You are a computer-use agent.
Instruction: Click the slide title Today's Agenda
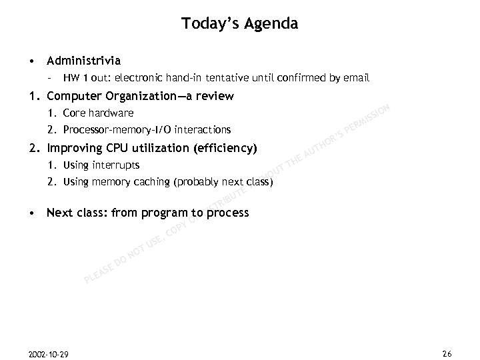[239, 24]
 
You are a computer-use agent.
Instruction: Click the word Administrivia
[83, 60]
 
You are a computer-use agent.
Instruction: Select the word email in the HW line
[356, 78]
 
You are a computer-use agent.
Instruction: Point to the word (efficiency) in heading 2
[225, 147]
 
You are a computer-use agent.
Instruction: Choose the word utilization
[158, 147]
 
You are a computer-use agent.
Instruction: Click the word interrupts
[116, 165]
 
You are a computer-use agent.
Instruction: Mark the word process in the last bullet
[227, 214]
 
